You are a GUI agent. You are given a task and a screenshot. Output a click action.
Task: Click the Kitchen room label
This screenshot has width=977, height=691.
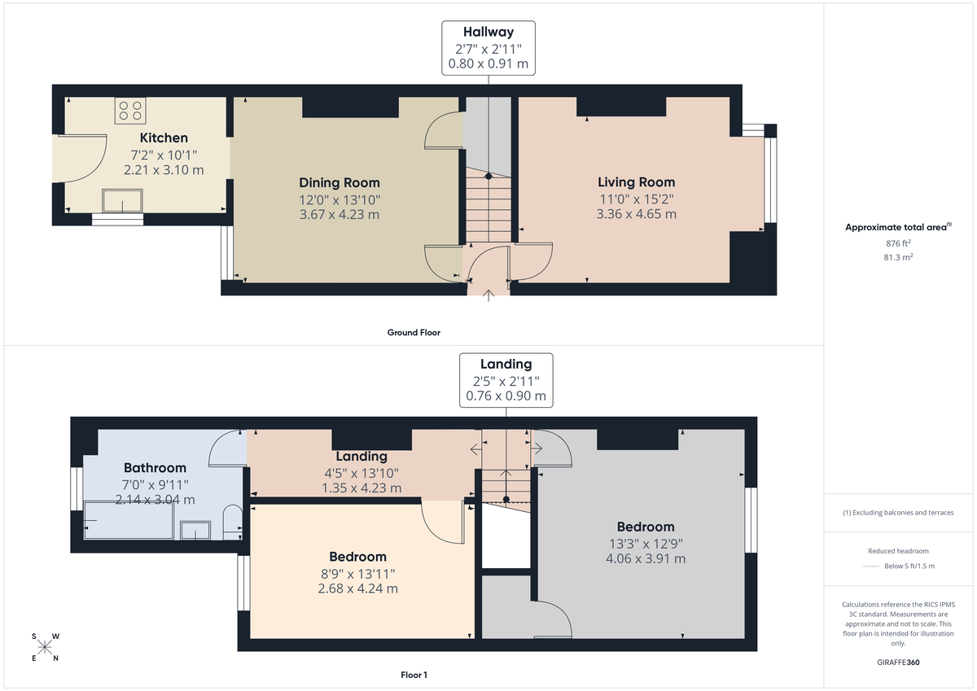point(164,138)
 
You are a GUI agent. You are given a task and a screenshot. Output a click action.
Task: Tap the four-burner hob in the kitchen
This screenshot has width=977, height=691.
point(130,110)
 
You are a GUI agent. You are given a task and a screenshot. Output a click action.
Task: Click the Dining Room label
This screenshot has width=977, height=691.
point(339,182)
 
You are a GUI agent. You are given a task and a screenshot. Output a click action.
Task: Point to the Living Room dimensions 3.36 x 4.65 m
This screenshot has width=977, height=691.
point(636,215)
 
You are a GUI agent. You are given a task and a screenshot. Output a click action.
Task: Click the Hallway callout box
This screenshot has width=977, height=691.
point(488,49)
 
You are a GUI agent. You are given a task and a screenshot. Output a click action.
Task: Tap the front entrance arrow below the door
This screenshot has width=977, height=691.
point(488,295)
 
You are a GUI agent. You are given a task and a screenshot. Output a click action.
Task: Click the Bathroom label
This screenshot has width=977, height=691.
point(155,468)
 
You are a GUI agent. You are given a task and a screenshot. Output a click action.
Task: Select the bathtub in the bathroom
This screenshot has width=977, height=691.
point(129,520)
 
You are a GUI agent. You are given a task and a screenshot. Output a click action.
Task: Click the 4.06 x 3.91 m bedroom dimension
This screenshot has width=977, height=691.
point(645,559)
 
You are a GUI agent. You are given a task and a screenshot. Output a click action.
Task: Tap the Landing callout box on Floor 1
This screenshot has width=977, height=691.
point(506,380)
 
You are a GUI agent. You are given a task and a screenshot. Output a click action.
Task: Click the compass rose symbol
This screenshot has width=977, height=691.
point(45,647)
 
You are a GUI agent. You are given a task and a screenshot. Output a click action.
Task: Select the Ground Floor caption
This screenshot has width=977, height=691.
point(414,332)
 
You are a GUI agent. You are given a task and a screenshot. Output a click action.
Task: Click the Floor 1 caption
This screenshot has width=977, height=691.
point(414,675)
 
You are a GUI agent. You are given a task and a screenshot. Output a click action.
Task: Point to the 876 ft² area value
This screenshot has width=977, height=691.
point(898,243)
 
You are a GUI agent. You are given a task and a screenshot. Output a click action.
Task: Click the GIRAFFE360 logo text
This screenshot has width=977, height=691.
point(899,663)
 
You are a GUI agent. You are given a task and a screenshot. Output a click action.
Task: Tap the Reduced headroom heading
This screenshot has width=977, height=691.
point(898,551)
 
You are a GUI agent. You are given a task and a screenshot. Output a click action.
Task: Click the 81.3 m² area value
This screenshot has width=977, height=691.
point(898,256)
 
